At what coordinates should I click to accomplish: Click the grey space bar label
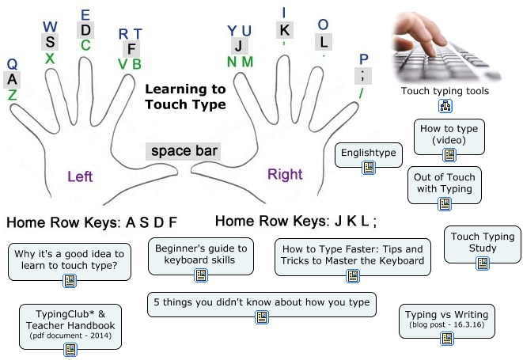pyautogui.click(x=183, y=151)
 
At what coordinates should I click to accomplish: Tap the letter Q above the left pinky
pyautogui.click(x=12, y=64)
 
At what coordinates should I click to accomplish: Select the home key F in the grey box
pyautogui.click(x=131, y=49)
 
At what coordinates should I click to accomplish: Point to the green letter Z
pyautogui.click(x=12, y=95)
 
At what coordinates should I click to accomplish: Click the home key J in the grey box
pyautogui.click(x=240, y=46)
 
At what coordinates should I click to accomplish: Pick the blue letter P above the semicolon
pyautogui.click(x=363, y=59)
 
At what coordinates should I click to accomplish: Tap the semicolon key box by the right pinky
pyautogui.click(x=363, y=75)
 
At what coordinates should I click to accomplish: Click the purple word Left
pyautogui.click(x=80, y=176)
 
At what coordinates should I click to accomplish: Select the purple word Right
pyautogui.click(x=285, y=174)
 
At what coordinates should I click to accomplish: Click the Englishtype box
pyautogui.click(x=369, y=155)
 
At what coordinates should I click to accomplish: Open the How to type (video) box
pyautogui.click(x=449, y=136)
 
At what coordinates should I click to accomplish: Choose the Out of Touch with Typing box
pyautogui.click(x=445, y=185)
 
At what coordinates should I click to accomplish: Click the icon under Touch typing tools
pyautogui.click(x=445, y=106)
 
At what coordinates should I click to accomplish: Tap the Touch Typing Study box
pyautogui.click(x=483, y=244)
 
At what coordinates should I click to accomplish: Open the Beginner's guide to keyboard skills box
pyautogui.click(x=201, y=256)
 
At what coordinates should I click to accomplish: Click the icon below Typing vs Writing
pyautogui.click(x=447, y=339)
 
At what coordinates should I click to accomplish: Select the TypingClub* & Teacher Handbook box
pyautogui.click(x=70, y=327)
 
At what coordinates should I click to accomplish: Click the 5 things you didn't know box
pyautogui.click(x=262, y=305)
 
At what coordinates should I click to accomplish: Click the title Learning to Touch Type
pyautogui.click(x=185, y=97)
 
